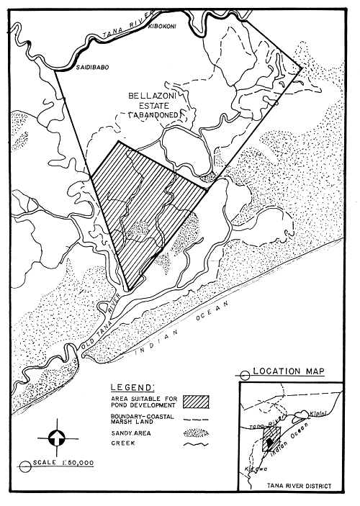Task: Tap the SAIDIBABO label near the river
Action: tap(93, 70)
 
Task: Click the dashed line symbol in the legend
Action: tap(199, 418)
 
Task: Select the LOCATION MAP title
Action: tap(290, 371)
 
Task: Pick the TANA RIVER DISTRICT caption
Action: tap(297, 487)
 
